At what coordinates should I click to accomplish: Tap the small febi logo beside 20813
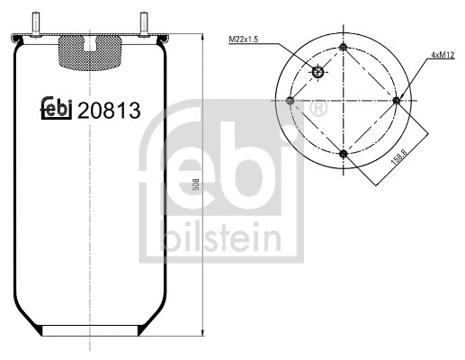point(58,108)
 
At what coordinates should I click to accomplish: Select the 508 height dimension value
point(196,185)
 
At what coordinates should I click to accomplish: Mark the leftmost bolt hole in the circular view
point(289,100)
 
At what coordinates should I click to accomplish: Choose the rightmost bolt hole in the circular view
point(398,100)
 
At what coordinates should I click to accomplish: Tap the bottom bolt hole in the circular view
point(344,155)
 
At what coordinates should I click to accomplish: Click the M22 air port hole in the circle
point(317,74)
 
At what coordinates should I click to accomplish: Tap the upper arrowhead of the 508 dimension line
point(200,40)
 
